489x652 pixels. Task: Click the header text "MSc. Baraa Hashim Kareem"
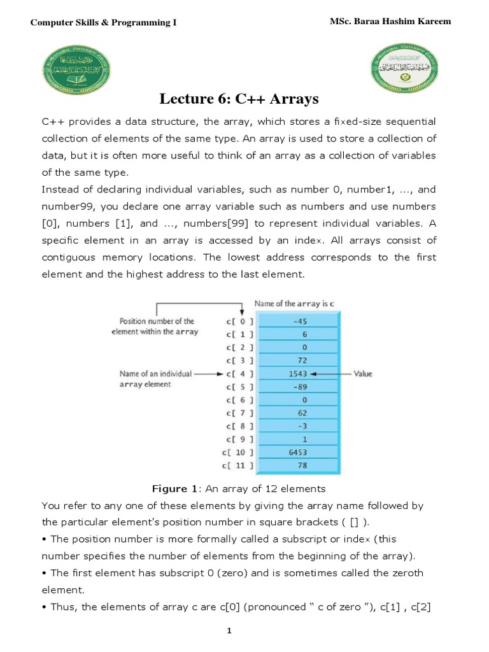[x=390, y=22]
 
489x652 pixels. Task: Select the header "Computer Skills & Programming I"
[x=104, y=23]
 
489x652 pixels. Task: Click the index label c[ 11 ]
[x=238, y=465]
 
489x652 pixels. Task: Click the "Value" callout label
[x=362, y=374]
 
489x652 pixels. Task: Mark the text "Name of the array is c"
[x=294, y=304]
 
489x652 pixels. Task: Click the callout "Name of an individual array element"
[x=156, y=379]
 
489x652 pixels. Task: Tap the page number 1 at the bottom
[x=244, y=630]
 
